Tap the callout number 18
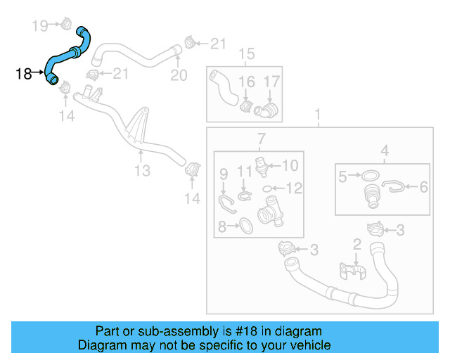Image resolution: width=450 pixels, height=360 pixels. tap(22, 73)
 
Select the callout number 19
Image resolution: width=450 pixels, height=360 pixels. tap(40, 27)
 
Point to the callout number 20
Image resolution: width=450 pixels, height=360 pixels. tap(179, 75)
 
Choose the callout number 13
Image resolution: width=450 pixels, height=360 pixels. tap(142, 170)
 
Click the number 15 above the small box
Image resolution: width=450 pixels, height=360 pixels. tap(246, 54)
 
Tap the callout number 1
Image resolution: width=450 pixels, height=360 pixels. tap(317, 114)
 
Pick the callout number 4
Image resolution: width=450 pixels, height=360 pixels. tap(385, 150)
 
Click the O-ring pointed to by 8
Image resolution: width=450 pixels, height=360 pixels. tap(245, 225)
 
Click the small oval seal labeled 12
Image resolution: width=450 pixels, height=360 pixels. tap(268, 188)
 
